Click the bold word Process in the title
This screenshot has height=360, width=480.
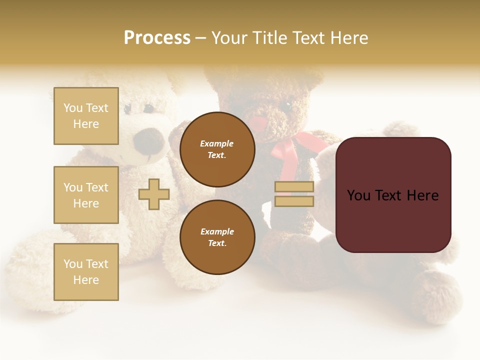point(157,38)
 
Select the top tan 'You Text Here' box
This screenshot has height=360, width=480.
point(86,116)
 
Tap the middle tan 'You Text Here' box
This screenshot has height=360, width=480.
point(86,195)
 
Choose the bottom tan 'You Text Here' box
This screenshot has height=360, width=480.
point(86,272)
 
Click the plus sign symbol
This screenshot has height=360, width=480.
point(154,194)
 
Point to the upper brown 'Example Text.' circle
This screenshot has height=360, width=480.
point(217,149)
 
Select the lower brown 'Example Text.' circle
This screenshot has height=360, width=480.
point(217,237)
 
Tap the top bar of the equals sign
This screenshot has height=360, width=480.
point(294,187)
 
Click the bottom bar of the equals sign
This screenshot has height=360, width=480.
point(294,201)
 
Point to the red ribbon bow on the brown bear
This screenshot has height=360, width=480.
point(295,148)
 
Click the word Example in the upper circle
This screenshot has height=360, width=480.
point(217,143)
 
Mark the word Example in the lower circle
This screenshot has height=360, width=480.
point(217,231)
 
